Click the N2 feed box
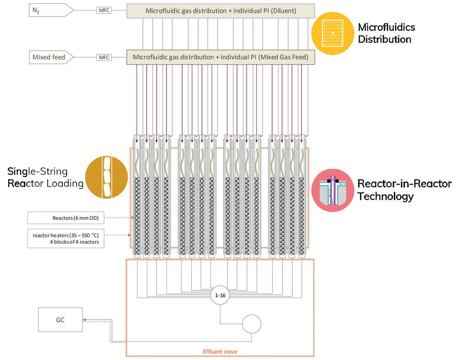coord(51,10)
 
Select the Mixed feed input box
coord(51,57)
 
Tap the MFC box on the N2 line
coord(104,10)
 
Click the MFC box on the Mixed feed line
coord(104,57)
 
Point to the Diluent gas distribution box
coord(221,11)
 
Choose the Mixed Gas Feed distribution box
coord(221,57)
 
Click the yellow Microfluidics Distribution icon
coord(332,33)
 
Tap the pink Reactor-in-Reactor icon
coord(332,190)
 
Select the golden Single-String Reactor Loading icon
coord(106,177)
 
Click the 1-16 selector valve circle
coord(220,295)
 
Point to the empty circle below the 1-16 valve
coord(251,324)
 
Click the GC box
coord(60,319)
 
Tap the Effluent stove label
coord(220,351)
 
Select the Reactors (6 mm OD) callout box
coord(66,218)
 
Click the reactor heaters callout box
coord(66,238)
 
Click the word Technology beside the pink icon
coord(386,196)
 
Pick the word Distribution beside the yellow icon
coord(385,39)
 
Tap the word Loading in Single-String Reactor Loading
coord(65,184)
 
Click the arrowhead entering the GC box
coord(84,319)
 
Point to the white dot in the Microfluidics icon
coord(333,33)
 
